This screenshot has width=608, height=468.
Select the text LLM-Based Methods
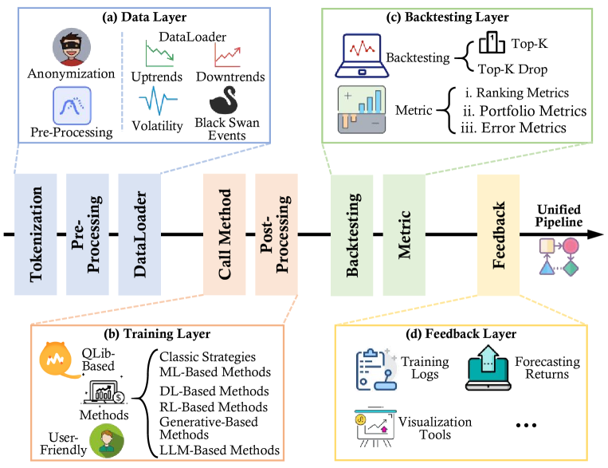pyautogui.click(x=220, y=450)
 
